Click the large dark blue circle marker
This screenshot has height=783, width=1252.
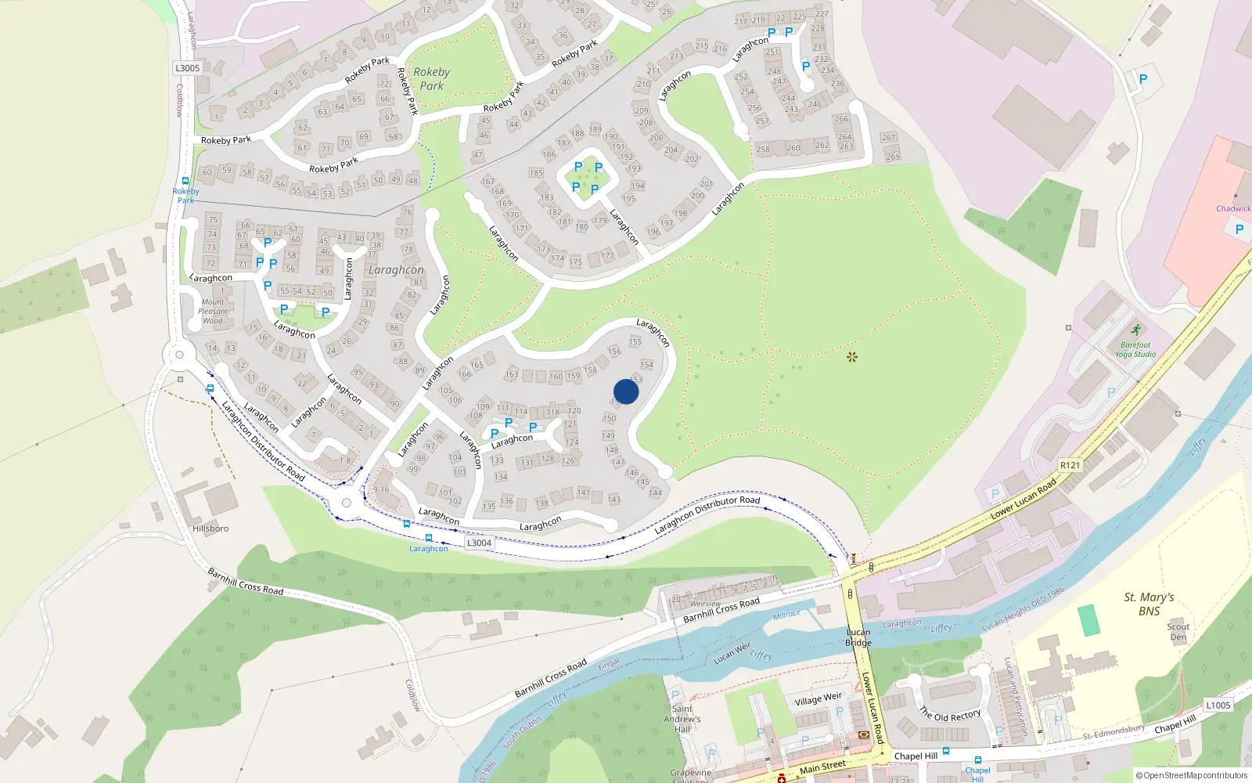tap(626, 391)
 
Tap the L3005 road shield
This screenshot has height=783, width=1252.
tap(188, 68)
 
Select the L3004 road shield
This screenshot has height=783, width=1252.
tap(479, 543)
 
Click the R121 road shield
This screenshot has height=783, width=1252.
tap(1070, 465)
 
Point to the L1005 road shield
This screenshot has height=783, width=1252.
tap(1218, 705)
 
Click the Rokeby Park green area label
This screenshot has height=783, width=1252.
tap(431, 78)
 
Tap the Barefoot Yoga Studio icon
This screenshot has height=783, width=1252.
tap(1136, 330)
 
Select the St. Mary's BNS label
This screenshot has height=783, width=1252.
tap(1149, 604)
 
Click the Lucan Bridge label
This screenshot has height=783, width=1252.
tap(858, 637)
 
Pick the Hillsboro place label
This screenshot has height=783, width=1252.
tap(210, 529)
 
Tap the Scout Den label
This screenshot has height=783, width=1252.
tap(1178, 632)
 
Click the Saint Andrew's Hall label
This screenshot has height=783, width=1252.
tap(682, 719)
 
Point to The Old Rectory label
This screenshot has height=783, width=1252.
tap(949, 715)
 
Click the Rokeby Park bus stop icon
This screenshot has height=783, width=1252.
tap(185, 181)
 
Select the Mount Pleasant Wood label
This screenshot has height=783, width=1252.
tap(213, 311)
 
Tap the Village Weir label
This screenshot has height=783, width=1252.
tap(818, 698)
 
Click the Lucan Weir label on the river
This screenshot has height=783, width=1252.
tap(732, 652)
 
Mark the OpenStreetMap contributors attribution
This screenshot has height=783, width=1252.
tap(1191, 775)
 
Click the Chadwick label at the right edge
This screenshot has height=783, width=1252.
tap(1232, 208)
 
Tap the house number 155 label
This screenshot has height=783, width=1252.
tap(635, 341)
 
